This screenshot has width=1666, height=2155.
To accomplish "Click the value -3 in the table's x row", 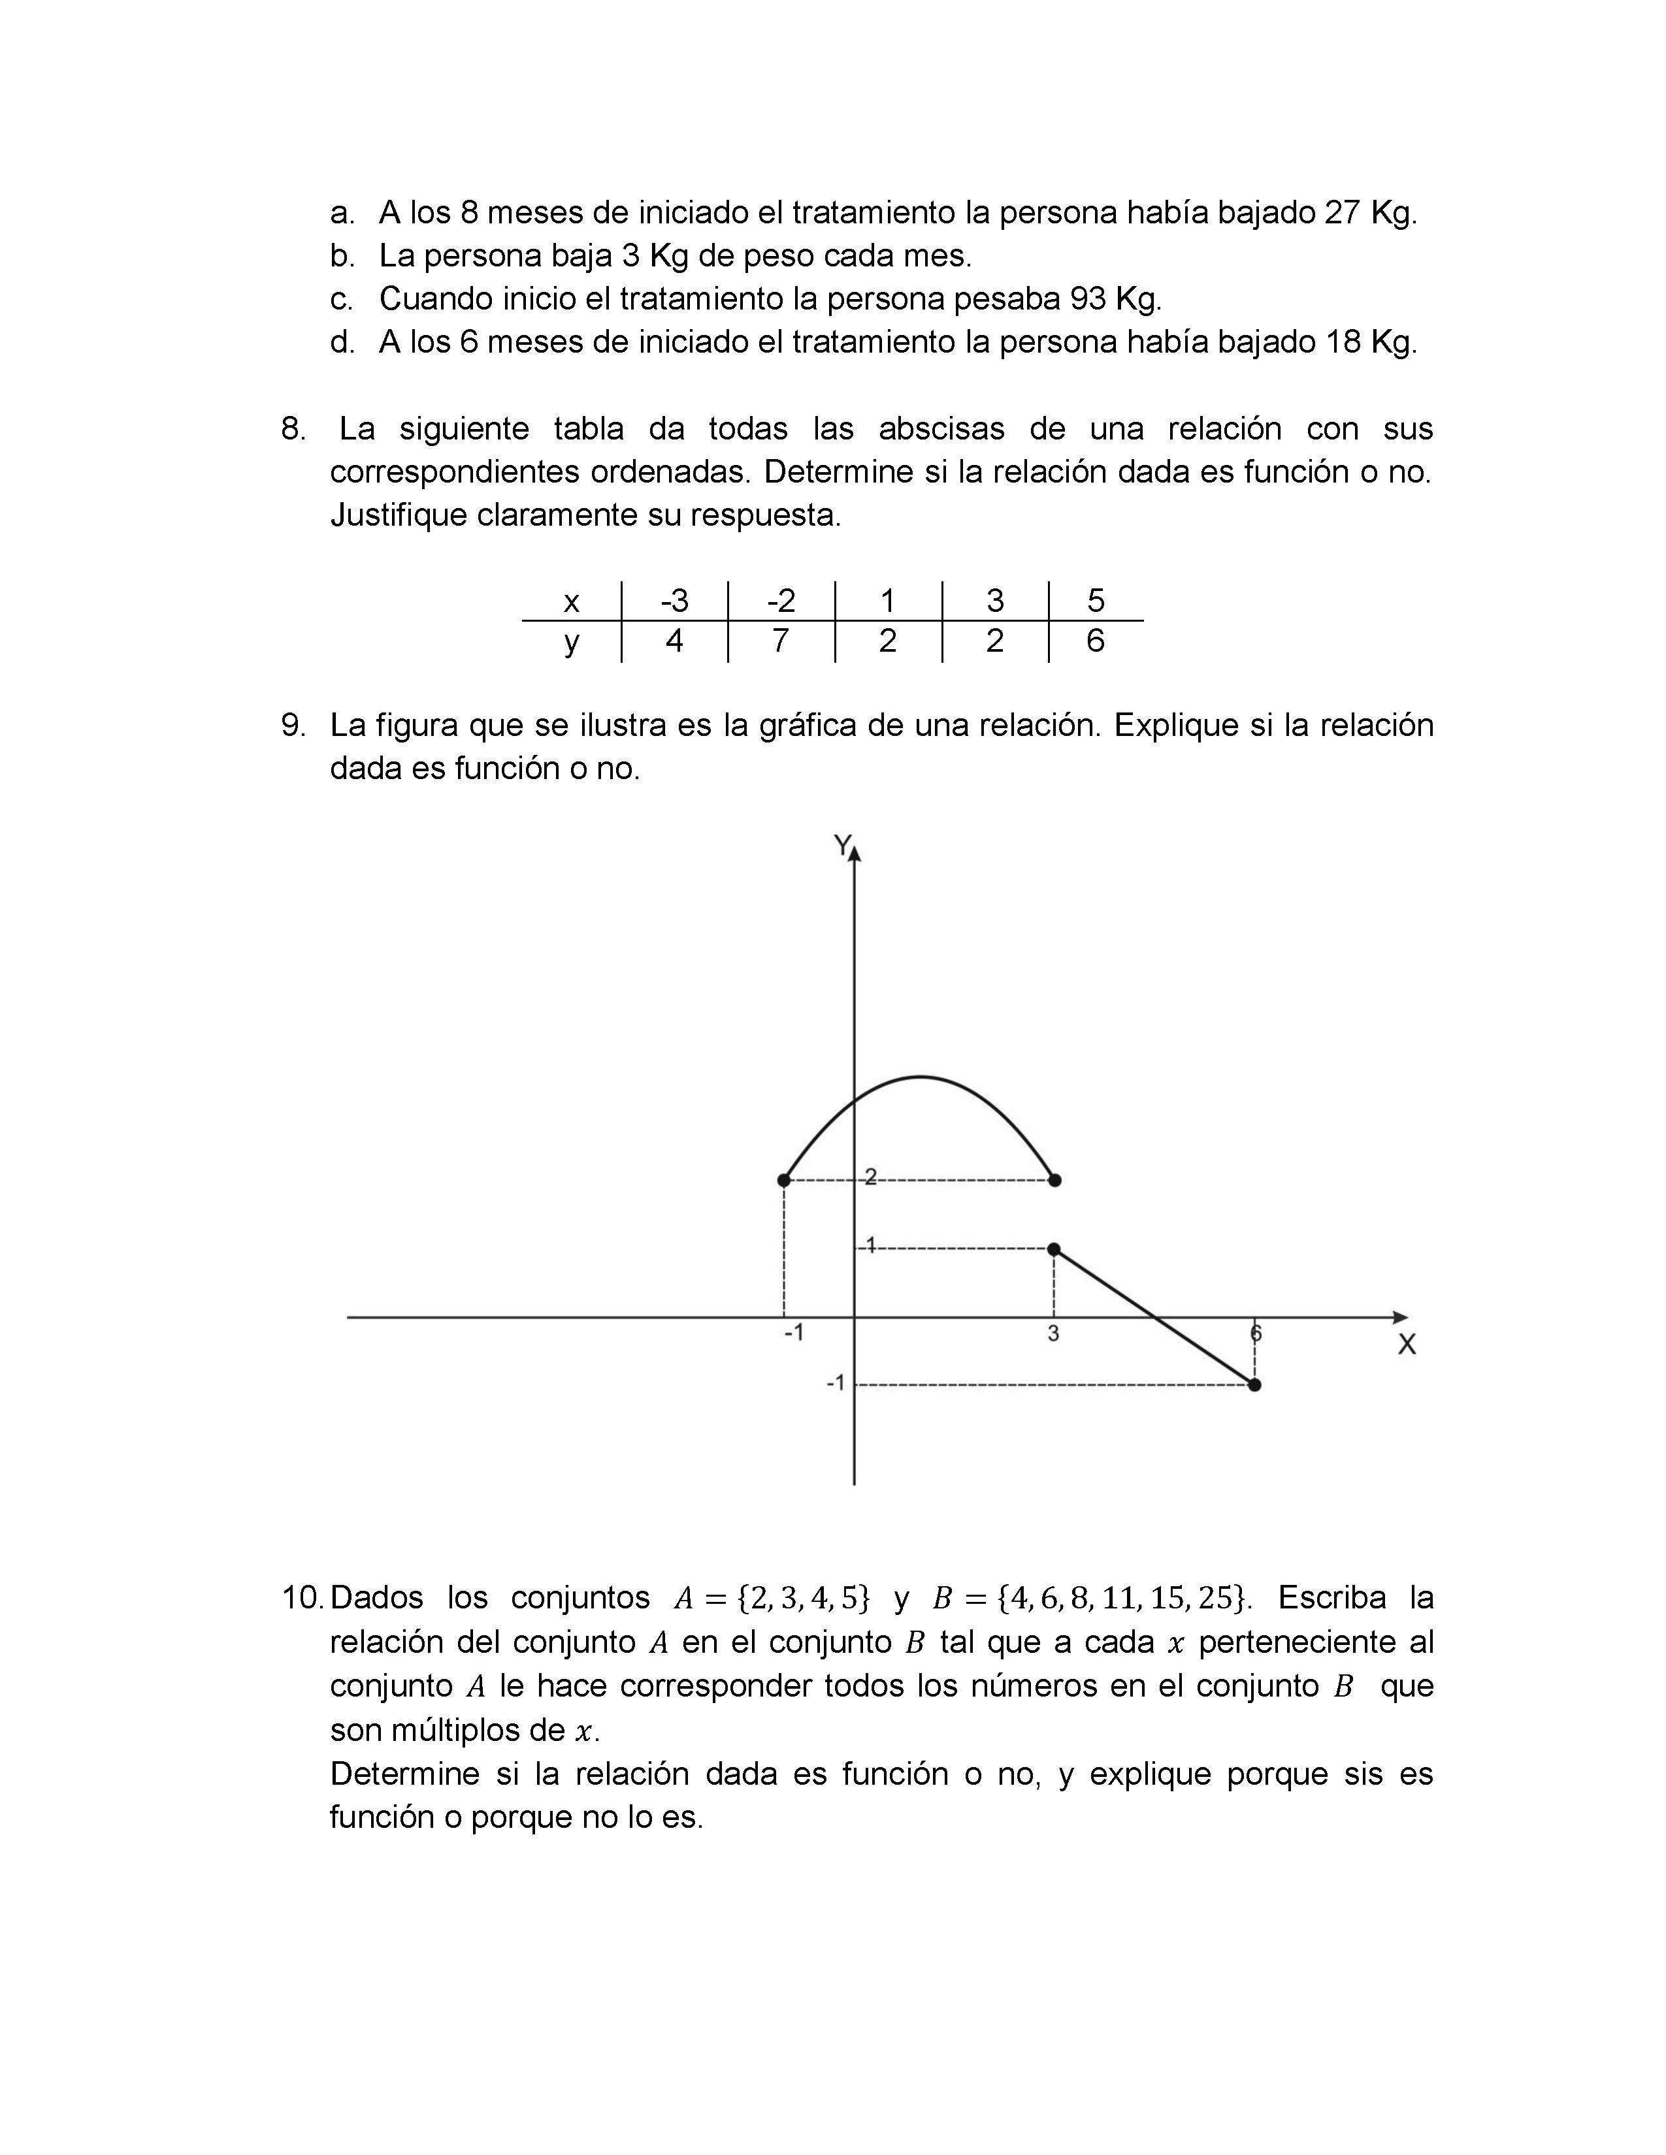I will pos(674,600).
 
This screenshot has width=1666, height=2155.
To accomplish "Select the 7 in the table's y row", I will pos(781,641).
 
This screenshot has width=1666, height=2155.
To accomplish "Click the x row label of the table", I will pos(570,601).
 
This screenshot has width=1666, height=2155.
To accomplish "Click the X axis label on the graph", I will pos(1407,1344).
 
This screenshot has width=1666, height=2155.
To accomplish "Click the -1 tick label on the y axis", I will pos(835,1383).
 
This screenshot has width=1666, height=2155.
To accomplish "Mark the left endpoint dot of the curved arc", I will pos(783,1180).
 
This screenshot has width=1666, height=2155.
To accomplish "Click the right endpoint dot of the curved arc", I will pos(1054,1180).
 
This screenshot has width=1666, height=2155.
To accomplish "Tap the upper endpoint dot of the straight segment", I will pos(1054,1249).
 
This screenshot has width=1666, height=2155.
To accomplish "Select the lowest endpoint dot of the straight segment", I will pos(1254,1385).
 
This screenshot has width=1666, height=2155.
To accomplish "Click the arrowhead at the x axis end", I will pos(1399,1317).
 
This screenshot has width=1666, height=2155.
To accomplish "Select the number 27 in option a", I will pos(1343,212).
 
